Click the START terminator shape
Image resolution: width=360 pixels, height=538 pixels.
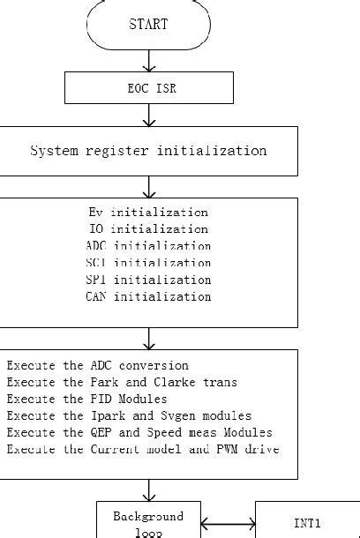[148, 24]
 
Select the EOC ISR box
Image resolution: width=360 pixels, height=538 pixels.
[148, 88]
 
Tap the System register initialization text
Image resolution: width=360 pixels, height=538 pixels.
[148, 151]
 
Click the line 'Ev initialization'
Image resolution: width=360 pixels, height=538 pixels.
[148, 213]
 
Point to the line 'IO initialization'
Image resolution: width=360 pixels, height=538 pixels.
[148, 229]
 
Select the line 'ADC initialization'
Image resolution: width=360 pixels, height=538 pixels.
[148, 246]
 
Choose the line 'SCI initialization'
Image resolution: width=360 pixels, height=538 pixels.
[148, 263]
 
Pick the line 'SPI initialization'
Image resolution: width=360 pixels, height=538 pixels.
[148, 280]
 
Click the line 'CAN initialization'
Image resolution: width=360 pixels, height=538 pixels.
[148, 296]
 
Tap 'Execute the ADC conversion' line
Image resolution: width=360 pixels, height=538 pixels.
[97, 365]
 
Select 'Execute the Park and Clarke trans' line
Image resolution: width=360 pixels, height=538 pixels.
[121, 382]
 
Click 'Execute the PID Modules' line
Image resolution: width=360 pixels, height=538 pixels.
[86, 399]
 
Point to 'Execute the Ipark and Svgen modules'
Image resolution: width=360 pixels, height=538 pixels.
[129, 415]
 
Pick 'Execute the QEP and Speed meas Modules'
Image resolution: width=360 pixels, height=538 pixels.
[139, 432]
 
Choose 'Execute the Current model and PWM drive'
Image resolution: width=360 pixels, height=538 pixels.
[143, 449]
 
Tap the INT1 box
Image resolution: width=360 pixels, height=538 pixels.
[306, 523]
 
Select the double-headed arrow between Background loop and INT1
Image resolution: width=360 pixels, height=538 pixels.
[228, 527]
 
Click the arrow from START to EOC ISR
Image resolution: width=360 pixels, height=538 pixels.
[149, 60]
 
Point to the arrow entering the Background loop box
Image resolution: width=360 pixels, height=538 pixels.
[149, 490]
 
